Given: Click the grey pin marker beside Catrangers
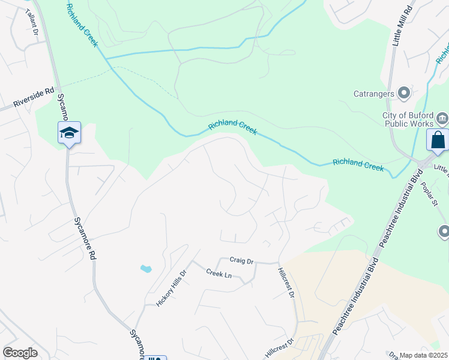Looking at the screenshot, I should click(x=404, y=93).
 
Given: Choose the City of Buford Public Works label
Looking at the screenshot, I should click(x=408, y=120).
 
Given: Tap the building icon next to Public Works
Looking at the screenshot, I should click(x=442, y=117).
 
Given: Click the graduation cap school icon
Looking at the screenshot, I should click(x=69, y=133).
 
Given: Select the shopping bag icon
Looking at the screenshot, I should click(x=438, y=140).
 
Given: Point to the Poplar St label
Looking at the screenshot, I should click(x=431, y=194).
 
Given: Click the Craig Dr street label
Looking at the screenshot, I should click(x=242, y=260).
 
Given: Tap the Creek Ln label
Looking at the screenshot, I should click(x=218, y=274).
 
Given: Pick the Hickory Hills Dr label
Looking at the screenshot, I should click(x=172, y=288).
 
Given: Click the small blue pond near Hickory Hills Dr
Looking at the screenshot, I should click(x=146, y=268).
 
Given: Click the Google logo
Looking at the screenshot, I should click(x=20, y=353).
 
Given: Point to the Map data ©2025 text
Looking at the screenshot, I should click(x=423, y=355).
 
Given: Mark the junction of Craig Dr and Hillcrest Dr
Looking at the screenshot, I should click(x=278, y=263).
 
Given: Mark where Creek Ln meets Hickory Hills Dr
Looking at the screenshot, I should click(x=192, y=262).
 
